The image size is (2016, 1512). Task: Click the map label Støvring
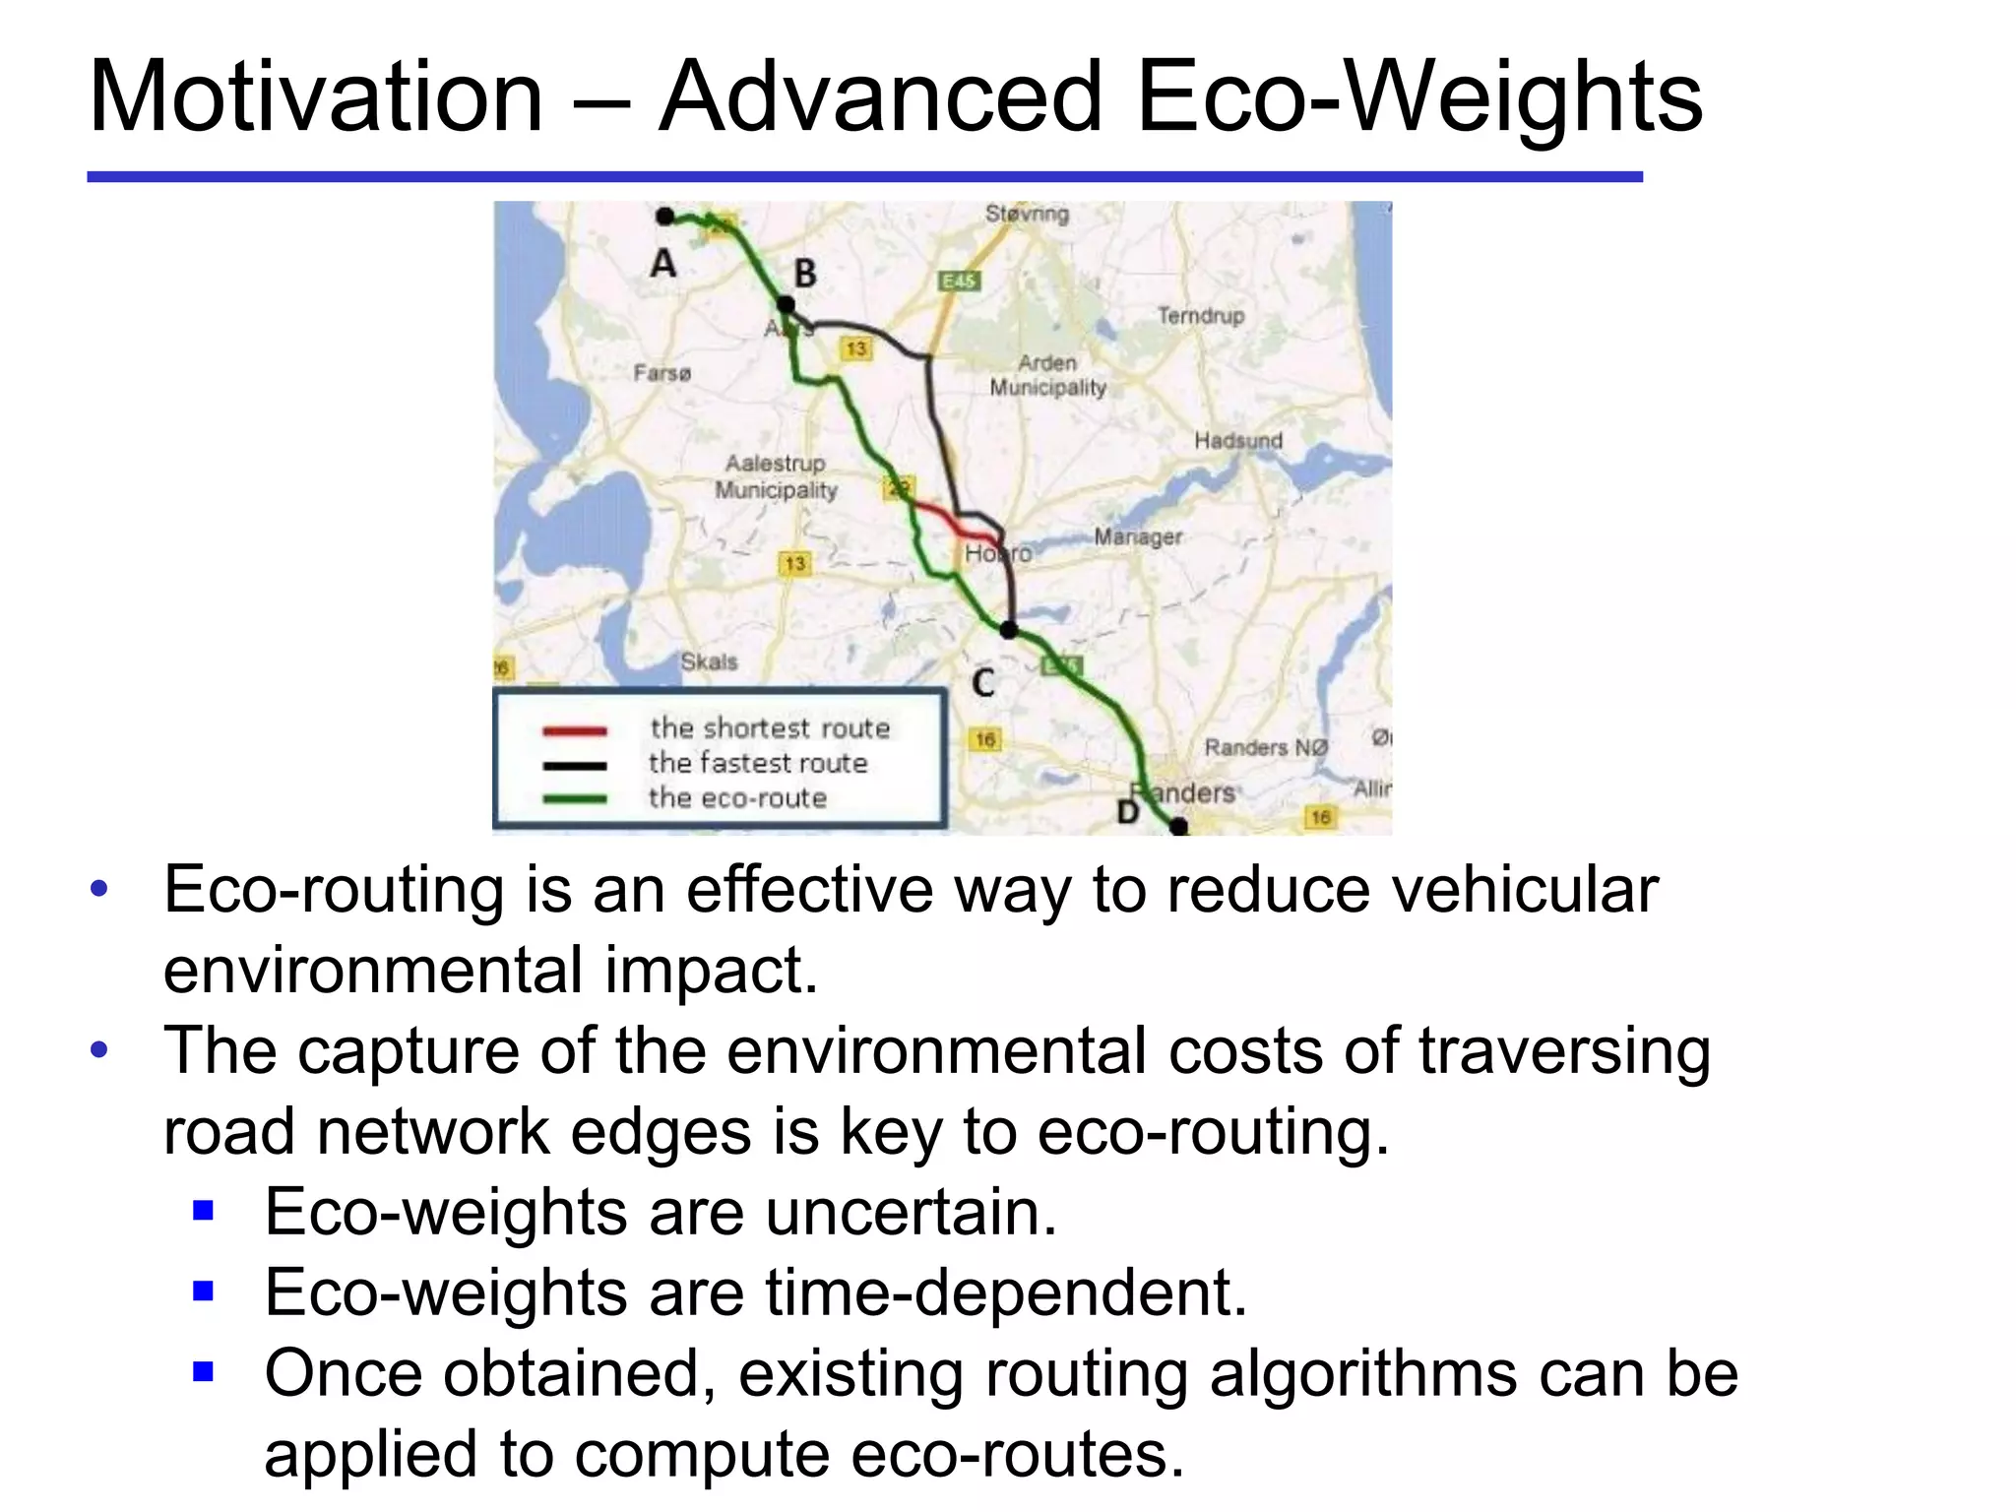click(x=1027, y=214)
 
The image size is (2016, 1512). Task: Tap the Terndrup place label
click(x=1200, y=316)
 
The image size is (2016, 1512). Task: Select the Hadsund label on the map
click(x=1238, y=441)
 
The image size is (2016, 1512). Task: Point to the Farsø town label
click(x=661, y=373)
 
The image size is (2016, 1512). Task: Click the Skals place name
click(x=709, y=661)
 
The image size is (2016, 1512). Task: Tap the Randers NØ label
click(x=1266, y=748)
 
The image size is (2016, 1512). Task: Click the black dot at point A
click(x=665, y=217)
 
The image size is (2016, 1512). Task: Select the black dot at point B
click(x=786, y=304)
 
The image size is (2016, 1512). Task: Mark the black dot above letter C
click(x=1008, y=630)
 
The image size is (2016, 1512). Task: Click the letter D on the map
click(x=1128, y=812)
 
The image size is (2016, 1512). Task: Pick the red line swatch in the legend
click(x=575, y=731)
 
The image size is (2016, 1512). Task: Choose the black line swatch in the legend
click(x=575, y=766)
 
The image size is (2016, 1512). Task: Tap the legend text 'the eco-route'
click(x=737, y=798)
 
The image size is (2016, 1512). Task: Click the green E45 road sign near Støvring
click(x=958, y=282)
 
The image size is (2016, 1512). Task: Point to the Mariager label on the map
click(x=1138, y=537)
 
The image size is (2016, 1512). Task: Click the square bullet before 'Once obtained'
click(x=204, y=1371)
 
